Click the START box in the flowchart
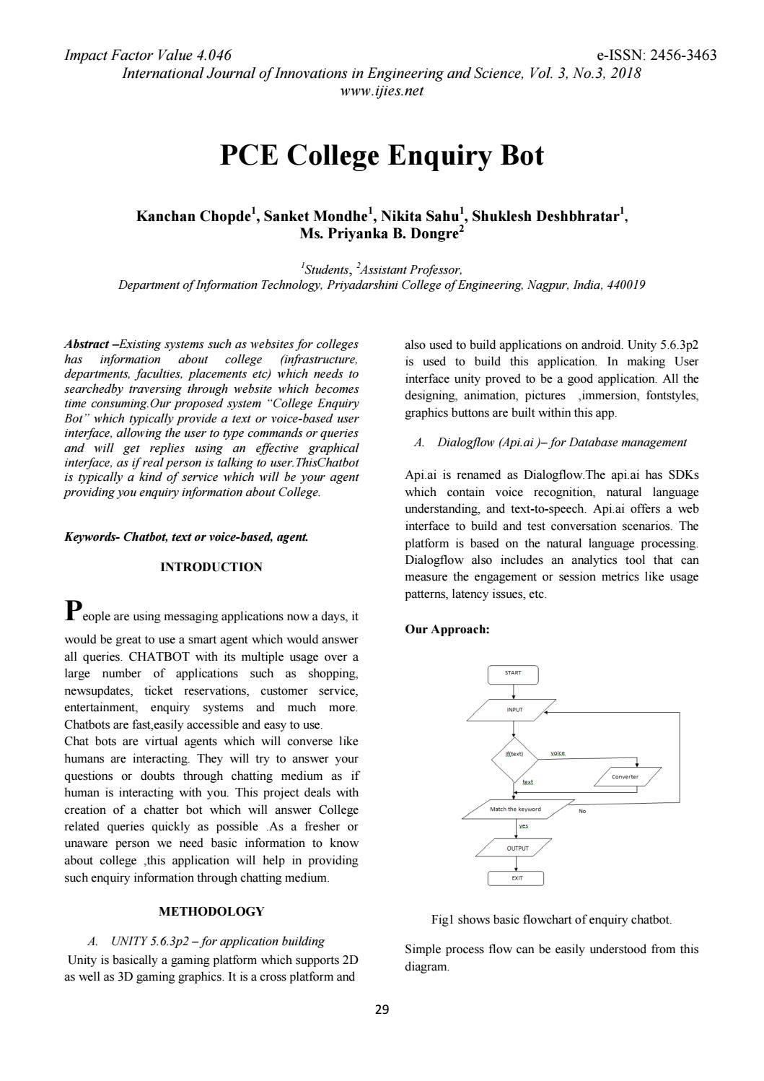click(x=513, y=674)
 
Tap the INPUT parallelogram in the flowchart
click(x=512, y=710)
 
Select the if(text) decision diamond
click(x=514, y=754)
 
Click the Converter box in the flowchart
click(x=625, y=777)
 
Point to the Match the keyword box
click(x=517, y=809)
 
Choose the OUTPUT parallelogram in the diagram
click(x=515, y=848)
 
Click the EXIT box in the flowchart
click(x=516, y=878)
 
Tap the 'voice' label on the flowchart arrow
click(x=557, y=753)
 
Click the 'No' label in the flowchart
click(x=582, y=811)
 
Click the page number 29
click(x=382, y=1010)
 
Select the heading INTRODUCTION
click(x=211, y=567)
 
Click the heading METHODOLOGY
click(x=211, y=911)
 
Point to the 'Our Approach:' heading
click(x=447, y=629)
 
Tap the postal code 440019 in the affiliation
click(x=625, y=285)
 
